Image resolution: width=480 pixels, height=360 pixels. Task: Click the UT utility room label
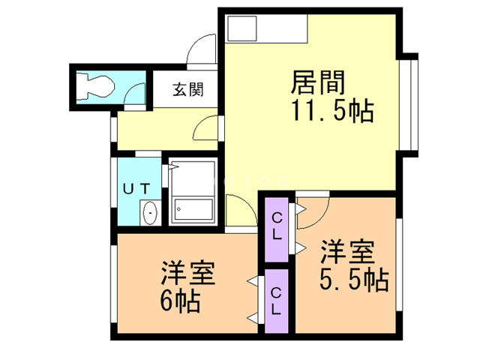click(138, 188)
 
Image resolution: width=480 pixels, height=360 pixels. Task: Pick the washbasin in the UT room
click(150, 213)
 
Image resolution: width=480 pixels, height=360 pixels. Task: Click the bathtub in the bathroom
click(193, 209)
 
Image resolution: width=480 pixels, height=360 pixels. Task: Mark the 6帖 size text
click(179, 302)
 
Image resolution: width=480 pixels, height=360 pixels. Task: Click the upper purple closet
click(277, 229)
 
